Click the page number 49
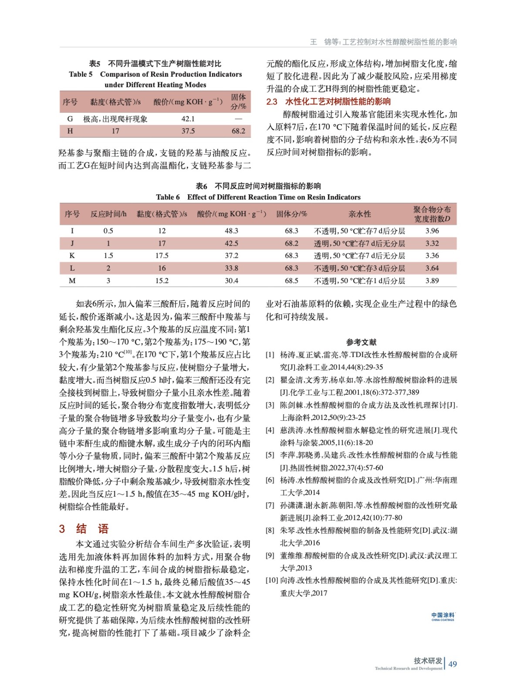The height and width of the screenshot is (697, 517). point(453,664)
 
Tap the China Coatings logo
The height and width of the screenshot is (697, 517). point(443,616)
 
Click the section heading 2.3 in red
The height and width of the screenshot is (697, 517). point(328,102)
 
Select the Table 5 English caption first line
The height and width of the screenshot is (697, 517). point(155,74)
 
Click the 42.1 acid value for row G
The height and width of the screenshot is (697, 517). point(188,118)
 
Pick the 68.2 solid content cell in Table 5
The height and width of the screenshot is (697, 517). point(238,131)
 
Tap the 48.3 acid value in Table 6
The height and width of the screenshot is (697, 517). point(231,230)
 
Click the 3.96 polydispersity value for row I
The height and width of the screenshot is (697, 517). point(432,230)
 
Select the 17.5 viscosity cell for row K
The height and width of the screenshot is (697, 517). point(162,255)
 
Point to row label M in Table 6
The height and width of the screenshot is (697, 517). point(72,281)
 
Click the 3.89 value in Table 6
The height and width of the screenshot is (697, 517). point(432,281)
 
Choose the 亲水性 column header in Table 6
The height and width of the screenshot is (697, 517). point(360,214)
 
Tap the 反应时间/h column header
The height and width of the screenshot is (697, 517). point(108,214)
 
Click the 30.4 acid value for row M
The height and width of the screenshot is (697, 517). point(231,281)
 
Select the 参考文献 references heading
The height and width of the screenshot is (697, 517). point(361,342)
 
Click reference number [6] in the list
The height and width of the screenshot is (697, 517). point(270,480)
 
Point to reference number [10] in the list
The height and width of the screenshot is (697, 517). point(272,580)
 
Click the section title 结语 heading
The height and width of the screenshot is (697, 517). point(92,529)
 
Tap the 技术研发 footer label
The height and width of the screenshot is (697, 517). point(428,660)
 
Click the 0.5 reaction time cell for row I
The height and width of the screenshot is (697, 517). point(108,230)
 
